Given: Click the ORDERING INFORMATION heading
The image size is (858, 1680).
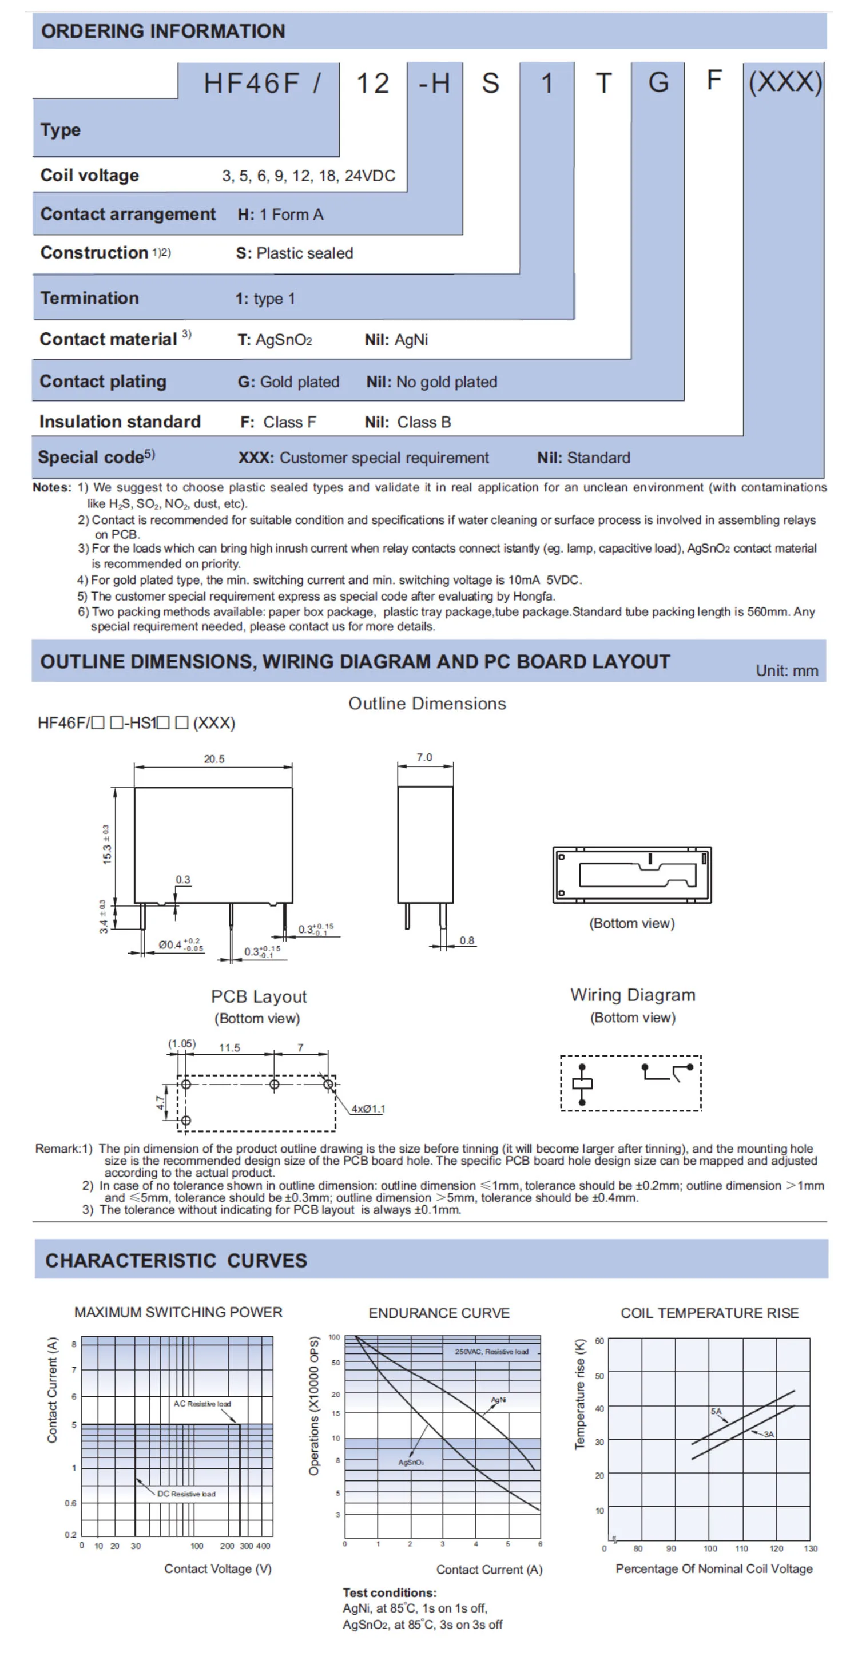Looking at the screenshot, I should [x=163, y=31].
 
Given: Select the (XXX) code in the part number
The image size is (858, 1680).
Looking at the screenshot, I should [x=785, y=82].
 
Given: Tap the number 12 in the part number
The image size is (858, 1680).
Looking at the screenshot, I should [x=372, y=84].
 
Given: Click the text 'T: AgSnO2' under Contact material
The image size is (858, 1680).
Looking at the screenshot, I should [x=275, y=340].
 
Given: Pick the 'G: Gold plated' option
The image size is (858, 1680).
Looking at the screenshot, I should [x=288, y=382].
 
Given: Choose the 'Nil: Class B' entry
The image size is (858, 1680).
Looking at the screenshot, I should [x=407, y=422].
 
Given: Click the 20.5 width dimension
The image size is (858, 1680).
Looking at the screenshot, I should [x=214, y=758].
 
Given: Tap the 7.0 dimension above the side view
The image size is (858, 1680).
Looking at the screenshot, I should [x=424, y=757].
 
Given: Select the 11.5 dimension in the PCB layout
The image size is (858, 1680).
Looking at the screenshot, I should [x=229, y=1048].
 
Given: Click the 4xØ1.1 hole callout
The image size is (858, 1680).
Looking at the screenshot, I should [x=368, y=1109].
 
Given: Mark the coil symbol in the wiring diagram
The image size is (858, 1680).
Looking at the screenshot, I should [x=582, y=1084].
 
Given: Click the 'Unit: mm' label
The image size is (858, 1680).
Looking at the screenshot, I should [x=787, y=670].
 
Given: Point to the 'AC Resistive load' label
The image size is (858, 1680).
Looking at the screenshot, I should [x=202, y=1404].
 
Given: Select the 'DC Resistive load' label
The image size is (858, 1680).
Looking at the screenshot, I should [x=186, y=1494].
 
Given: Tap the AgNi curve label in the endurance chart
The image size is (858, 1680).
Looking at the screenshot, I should [x=498, y=1400].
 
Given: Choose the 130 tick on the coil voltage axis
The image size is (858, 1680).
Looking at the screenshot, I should [x=811, y=1549].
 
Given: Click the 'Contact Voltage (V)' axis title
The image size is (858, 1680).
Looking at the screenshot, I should [x=218, y=1569].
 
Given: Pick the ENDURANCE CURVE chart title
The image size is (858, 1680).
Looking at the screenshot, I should [x=439, y=1313].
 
